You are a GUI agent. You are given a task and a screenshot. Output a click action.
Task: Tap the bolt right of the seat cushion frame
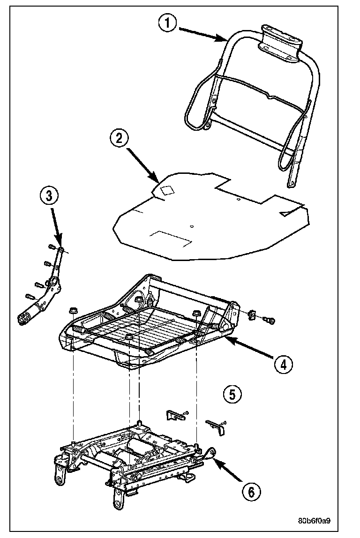pos(269,320)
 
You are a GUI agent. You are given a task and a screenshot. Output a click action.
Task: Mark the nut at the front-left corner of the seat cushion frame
pos(73,310)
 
